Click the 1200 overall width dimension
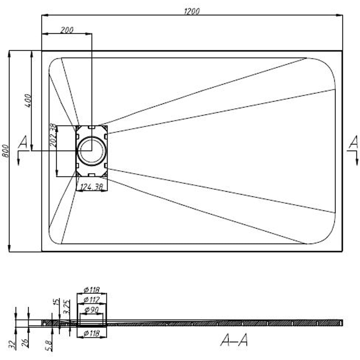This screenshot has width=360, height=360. pos(192,11)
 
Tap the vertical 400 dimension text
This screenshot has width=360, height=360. pos(28,100)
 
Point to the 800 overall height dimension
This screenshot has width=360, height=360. pos(5,150)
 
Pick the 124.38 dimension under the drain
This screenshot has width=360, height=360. pos(91,187)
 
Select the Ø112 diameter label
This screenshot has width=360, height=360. pos(91,300)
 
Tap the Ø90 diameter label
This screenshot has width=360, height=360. pos(91,310)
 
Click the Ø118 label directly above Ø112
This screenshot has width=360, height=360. pos(91,290)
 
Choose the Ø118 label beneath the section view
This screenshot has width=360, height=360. pos(91,334)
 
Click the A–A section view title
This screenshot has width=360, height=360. pos(234,339)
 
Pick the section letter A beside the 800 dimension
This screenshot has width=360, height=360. pos(23,143)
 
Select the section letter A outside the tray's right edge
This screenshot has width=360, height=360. pos(354,143)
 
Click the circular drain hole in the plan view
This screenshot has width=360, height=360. pos(91,151)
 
